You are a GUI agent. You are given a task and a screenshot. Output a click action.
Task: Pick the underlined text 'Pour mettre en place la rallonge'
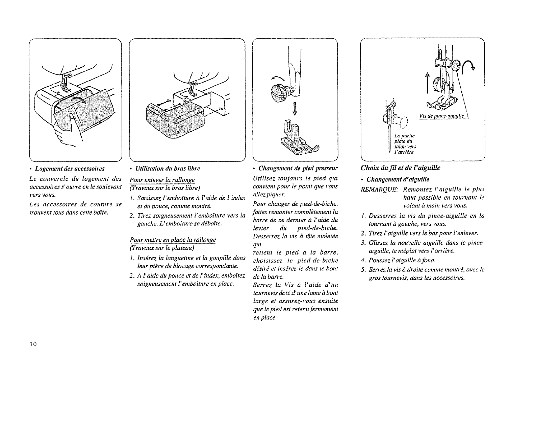173,240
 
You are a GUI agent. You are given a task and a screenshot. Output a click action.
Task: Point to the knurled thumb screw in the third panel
281,90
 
